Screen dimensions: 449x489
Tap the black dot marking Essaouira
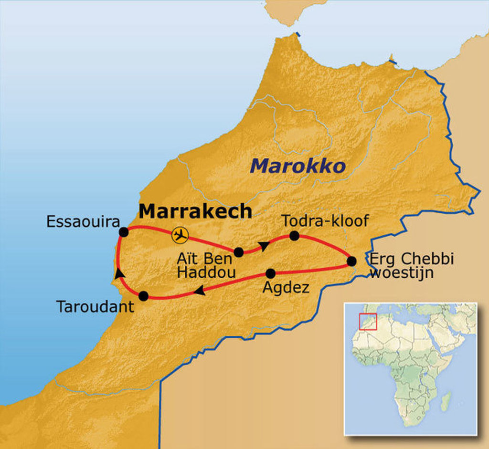pyautogui.click(x=124, y=232)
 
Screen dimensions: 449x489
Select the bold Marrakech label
pyautogui.click(x=195, y=210)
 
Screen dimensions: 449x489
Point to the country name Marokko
pyautogui.click(x=298, y=166)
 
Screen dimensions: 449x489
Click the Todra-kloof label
pyautogui.click(x=325, y=220)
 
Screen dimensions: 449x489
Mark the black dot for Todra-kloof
pyautogui.click(x=294, y=235)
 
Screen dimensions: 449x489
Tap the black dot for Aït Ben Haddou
pyautogui.click(x=239, y=252)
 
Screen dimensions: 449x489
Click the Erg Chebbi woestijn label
pyautogui.click(x=411, y=266)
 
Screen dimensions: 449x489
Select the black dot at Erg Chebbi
pyautogui.click(x=351, y=261)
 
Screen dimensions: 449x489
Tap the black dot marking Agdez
pyautogui.click(x=270, y=273)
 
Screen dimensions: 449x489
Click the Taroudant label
pyautogui.click(x=95, y=306)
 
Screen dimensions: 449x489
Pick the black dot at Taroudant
pyautogui.click(x=143, y=296)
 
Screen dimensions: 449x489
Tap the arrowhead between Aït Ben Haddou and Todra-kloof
pyautogui.click(x=263, y=246)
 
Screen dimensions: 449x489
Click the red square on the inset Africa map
pyautogui.click(x=368, y=321)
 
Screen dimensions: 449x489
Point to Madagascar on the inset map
pyautogui.click(x=446, y=401)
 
